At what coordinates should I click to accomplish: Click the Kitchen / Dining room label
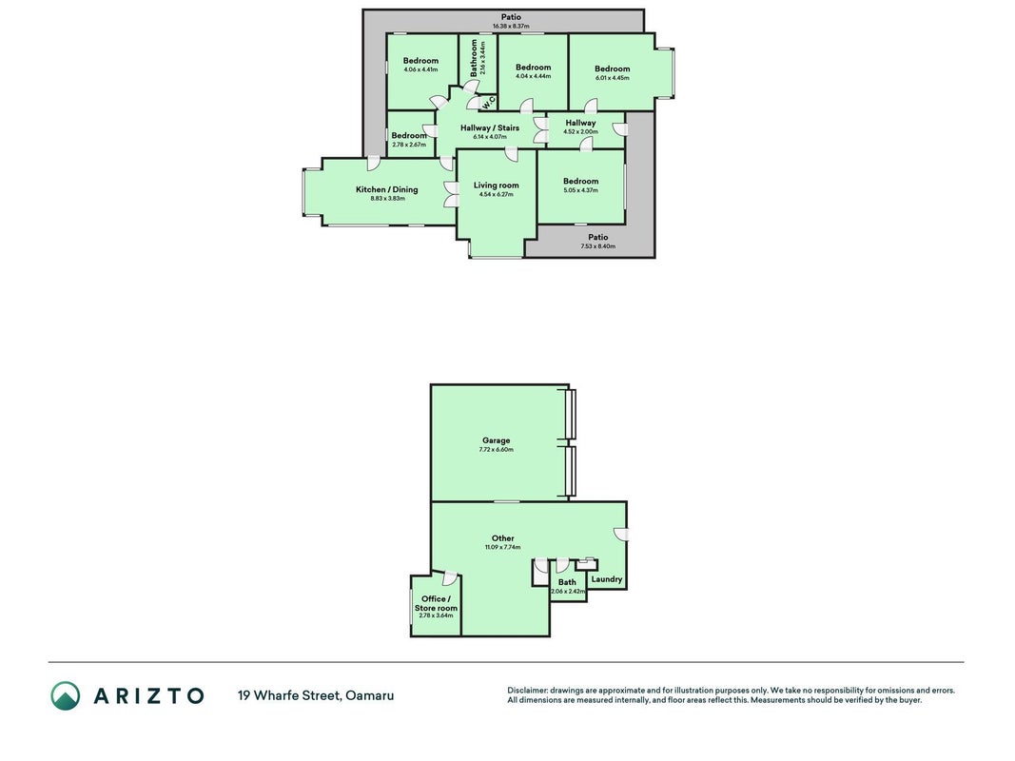386,189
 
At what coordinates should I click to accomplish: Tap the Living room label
496,185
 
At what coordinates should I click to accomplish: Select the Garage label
496,440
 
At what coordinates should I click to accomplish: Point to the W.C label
488,102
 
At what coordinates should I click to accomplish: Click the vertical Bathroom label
474,58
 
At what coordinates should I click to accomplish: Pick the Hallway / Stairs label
489,128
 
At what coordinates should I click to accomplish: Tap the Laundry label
607,579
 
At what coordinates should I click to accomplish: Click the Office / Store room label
436,603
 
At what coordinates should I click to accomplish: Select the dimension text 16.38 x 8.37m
511,27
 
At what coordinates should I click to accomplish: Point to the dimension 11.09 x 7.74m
503,548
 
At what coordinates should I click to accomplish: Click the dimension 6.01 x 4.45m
612,78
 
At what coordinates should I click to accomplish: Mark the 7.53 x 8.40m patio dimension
597,246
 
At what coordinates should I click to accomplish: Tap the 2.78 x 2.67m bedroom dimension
409,145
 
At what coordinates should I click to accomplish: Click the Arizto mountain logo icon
66,695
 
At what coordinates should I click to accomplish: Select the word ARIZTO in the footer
149,695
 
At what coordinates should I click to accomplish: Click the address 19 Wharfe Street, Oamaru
316,695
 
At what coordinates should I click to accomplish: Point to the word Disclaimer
527,691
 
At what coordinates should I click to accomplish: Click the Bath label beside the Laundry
567,582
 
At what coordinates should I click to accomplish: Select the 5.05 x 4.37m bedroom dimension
580,190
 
